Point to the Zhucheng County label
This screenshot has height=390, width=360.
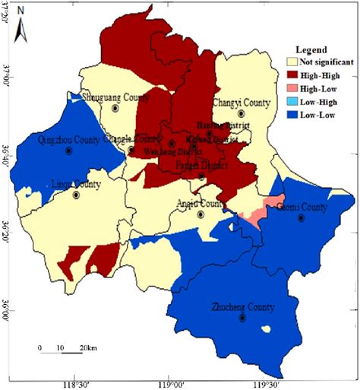pos(243,307)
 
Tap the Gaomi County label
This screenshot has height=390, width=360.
pos(301,207)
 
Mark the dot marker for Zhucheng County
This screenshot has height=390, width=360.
pos(243,318)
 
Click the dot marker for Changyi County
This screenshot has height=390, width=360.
pos(241,113)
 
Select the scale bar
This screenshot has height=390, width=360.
pos(62,351)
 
